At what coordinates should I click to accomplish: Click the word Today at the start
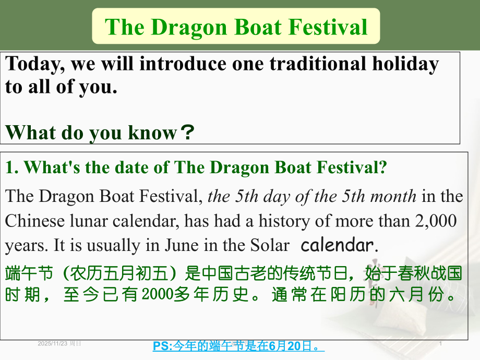34,64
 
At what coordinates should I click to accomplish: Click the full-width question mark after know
186,134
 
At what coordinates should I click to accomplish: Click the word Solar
268,245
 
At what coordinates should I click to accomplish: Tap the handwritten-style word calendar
337,245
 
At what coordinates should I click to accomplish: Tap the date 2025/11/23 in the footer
53,343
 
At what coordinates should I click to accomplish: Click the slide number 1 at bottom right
441,343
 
